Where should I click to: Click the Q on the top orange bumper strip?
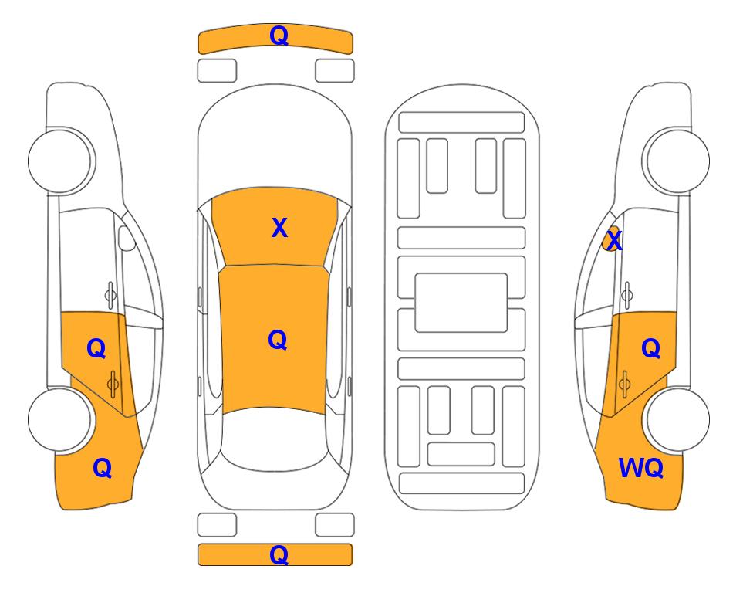[x=279, y=36]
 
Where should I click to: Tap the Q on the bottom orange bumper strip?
[x=279, y=554]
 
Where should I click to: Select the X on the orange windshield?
[x=279, y=228]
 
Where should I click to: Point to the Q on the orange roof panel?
[x=278, y=341]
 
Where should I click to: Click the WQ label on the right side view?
[x=641, y=468]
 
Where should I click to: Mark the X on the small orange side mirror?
[x=615, y=241]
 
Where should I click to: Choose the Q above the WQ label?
[x=651, y=349]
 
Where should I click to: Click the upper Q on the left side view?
[x=96, y=349]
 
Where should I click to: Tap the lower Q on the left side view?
[x=103, y=468]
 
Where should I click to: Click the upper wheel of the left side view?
[x=59, y=161]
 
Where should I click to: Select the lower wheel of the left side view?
[x=59, y=419]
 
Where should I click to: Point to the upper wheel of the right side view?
[x=678, y=161]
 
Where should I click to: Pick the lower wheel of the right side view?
[x=678, y=419]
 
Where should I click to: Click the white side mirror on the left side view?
[x=126, y=238]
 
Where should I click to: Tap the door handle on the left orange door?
[x=113, y=384]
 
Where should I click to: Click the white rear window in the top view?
[x=275, y=440]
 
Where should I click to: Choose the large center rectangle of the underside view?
[x=461, y=303]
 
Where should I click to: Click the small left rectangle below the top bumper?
[x=217, y=71]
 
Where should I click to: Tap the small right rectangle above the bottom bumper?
[x=335, y=525]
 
